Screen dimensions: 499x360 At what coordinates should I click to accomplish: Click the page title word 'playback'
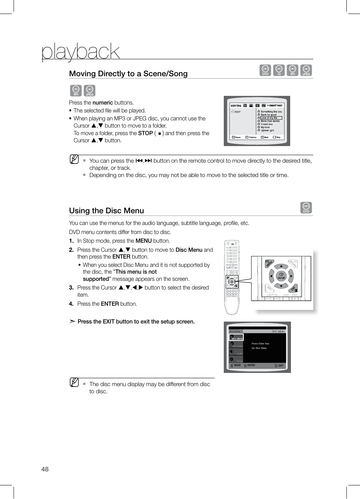[x=80, y=51]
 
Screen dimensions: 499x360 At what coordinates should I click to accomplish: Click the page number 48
[x=45, y=469]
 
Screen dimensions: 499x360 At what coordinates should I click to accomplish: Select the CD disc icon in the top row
[x=279, y=70]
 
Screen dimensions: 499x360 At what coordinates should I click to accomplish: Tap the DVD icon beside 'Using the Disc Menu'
[x=306, y=208]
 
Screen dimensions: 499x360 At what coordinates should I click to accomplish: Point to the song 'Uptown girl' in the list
[x=267, y=131]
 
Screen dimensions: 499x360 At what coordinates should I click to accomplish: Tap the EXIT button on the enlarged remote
[x=294, y=289]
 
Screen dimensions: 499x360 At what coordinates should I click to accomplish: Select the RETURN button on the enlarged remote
[x=293, y=263]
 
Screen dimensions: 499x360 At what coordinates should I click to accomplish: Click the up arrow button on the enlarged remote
[x=281, y=266]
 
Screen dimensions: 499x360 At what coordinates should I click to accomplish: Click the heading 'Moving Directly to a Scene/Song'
[x=128, y=74]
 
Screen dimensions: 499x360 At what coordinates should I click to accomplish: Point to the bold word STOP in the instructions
[x=145, y=133]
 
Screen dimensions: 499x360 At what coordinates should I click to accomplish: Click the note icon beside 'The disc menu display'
[x=74, y=382]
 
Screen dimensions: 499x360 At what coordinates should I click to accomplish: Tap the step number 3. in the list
[x=71, y=288]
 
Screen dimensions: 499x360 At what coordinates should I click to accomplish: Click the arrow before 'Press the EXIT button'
[x=72, y=322]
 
